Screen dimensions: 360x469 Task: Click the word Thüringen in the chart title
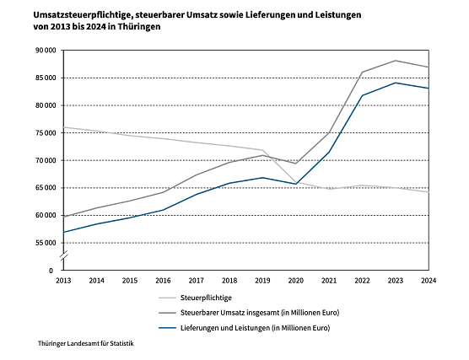click(x=140, y=28)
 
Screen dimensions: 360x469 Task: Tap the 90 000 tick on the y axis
click(x=44, y=51)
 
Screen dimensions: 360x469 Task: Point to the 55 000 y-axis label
click(x=44, y=243)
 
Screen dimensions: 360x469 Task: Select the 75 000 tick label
click(x=44, y=133)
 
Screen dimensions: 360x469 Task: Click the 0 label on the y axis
click(x=52, y=270)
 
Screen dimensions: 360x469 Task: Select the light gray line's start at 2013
click(x=63, y=127)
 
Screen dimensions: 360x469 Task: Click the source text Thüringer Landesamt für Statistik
click(x=86, y=344)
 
